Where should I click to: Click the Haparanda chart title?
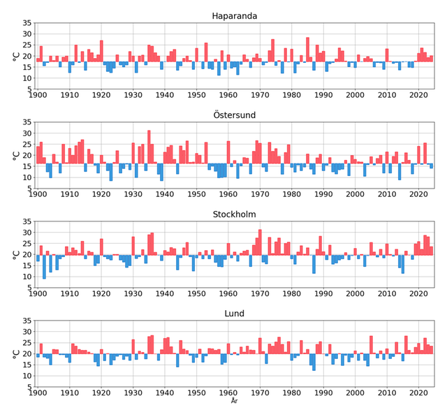(x=234, y=16)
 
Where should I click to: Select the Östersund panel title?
(x=234, y=115)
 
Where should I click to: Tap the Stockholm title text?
(x=234, y=214)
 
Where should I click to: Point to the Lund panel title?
(x=234, y=314)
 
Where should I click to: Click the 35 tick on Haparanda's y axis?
(x=27, y=23)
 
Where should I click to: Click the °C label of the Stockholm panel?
(x=15, y=255)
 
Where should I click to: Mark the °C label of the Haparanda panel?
(x=15, y=57)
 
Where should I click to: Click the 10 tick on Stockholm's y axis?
(x=27, y=277)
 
